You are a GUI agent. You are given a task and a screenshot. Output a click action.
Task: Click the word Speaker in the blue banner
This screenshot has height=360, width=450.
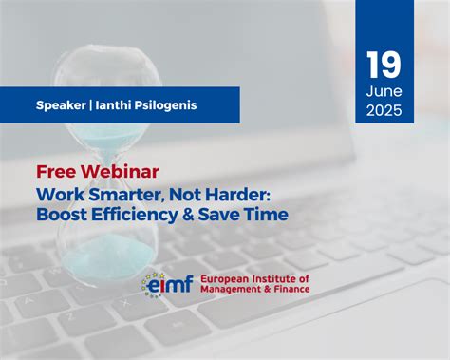coord(60,105)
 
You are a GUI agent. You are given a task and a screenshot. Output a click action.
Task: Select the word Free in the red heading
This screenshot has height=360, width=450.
coord(56,172)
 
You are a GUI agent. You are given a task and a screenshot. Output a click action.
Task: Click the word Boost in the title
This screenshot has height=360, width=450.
coord(65,215)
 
